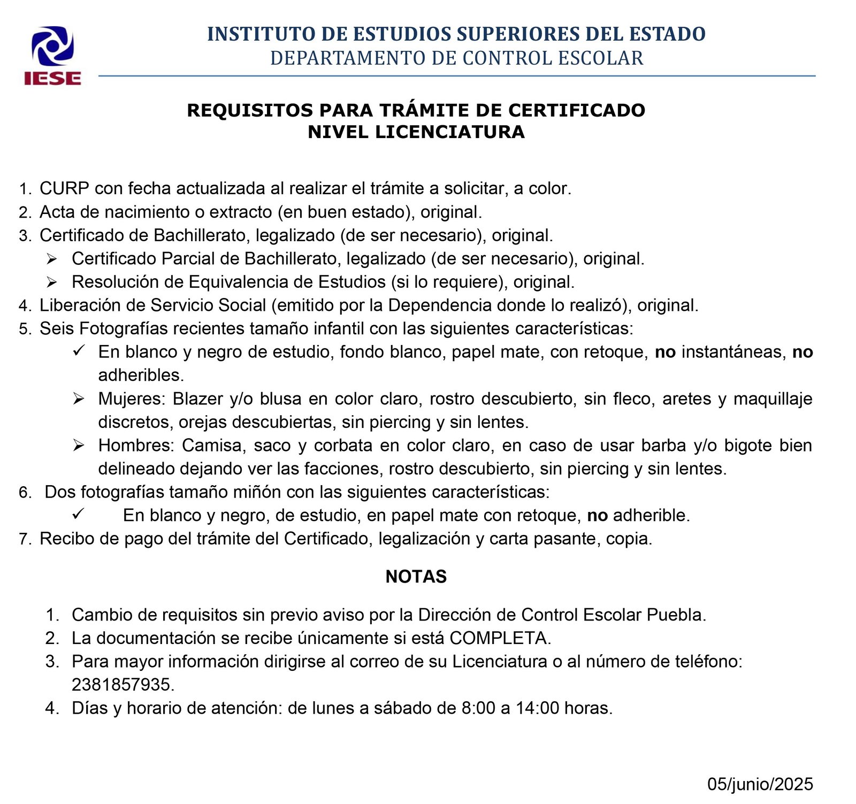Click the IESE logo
tap(52, 56)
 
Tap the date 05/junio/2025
tap(760, 784)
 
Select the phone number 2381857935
tap(123, 685)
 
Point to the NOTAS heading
tap(416, 577)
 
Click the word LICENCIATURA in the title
tap(449, 132)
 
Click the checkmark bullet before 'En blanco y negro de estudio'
tap(78, 351)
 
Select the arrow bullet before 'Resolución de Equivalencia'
tap(51, 282)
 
